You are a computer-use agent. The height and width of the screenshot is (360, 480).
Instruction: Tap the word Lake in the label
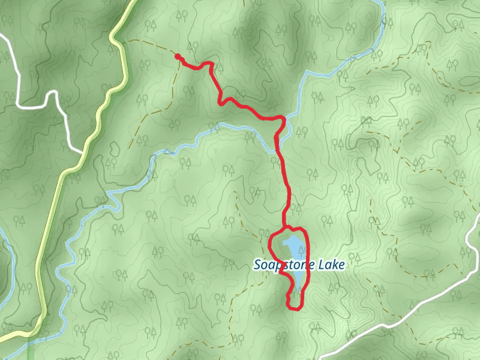point(331,265)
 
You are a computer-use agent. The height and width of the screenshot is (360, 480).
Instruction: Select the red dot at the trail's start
point(178,57)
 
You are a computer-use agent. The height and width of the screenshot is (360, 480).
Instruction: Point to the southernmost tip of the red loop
point(294,308)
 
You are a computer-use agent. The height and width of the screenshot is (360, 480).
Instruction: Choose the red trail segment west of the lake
point(271,249)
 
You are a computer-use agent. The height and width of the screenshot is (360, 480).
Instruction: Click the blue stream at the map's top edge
point(381,5)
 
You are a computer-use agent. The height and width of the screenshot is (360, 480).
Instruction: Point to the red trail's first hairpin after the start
point(210,64)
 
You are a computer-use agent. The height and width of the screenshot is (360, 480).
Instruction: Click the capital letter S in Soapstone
point(258,265)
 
